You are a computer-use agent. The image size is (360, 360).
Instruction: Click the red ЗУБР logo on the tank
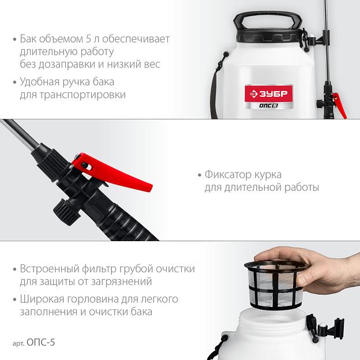[268, 93]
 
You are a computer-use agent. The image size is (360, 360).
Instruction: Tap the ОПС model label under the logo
[268, 106]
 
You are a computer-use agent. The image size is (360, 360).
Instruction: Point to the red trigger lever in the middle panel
[112, 171]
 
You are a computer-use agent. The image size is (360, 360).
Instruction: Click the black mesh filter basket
[276, 284]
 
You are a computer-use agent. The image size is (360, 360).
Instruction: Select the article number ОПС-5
[41, 343]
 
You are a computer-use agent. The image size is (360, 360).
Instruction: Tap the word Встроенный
[50, 269]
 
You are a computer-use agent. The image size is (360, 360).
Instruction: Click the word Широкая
[40, 299]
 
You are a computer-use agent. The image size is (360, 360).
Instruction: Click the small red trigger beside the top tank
[340, 106]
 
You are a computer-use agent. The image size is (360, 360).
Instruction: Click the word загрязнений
[122, 282]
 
